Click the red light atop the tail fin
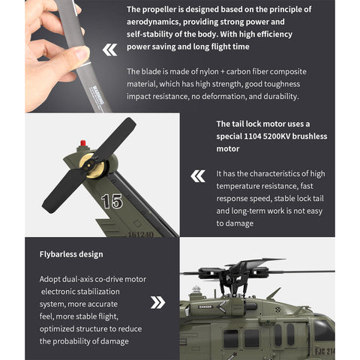pos(83,142)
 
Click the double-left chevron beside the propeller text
pos(110,50)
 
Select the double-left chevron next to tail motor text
pos(198,176)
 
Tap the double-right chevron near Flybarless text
pos(157,302)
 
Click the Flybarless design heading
pos(71,254)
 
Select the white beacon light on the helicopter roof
pos(196,289)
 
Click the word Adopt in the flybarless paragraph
pos(52,279)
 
